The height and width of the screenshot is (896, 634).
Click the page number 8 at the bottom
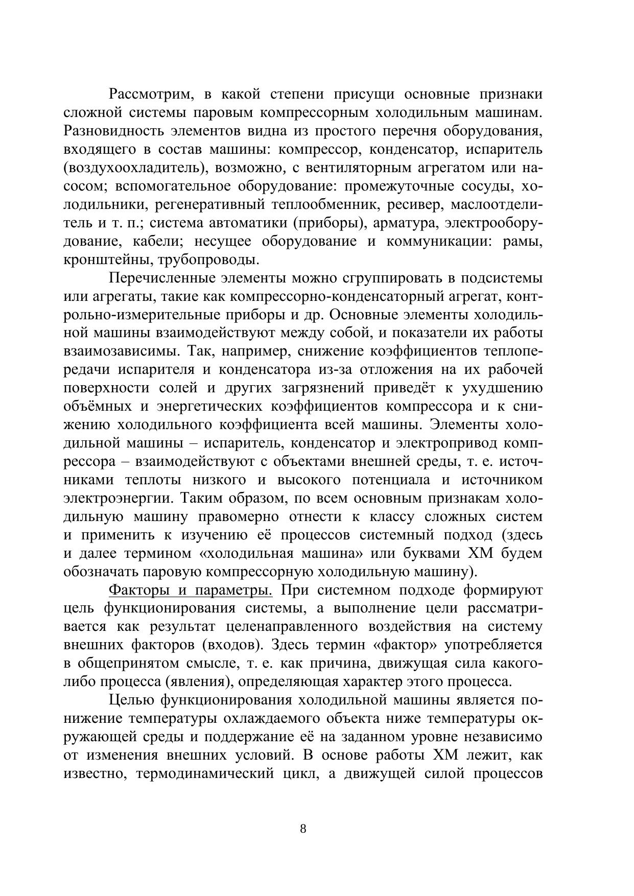click(x=303, y=829)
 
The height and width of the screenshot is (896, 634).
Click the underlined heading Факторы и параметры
click(x=191, y=591)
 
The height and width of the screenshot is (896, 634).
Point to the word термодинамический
click(x=205, y=774)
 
